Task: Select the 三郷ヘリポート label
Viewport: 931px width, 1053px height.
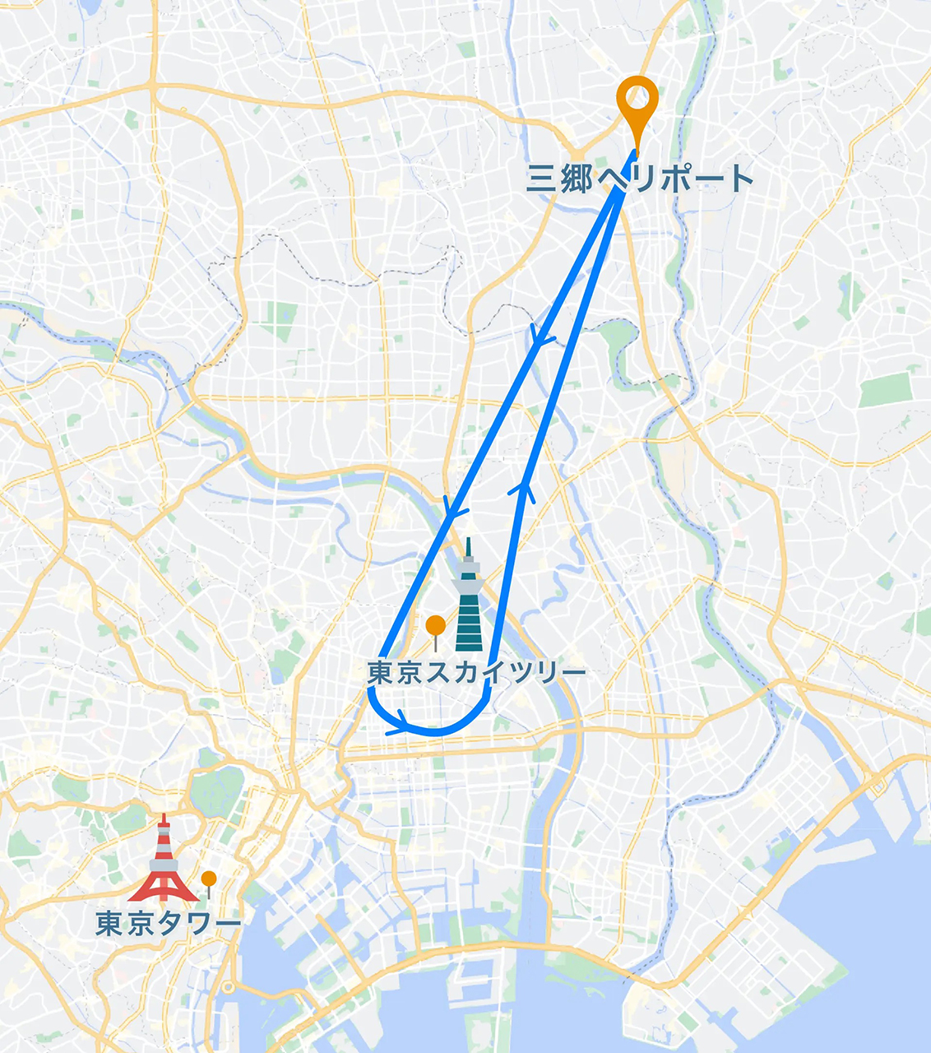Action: (640, 179)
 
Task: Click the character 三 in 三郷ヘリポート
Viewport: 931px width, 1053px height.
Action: (542, 179)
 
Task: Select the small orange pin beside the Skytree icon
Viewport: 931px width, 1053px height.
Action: (435, 627)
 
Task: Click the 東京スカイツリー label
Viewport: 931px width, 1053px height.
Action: (476, 673)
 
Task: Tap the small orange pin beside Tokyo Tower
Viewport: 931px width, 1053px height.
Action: (209, 879)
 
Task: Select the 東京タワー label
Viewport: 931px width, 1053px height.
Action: (169, 924)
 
